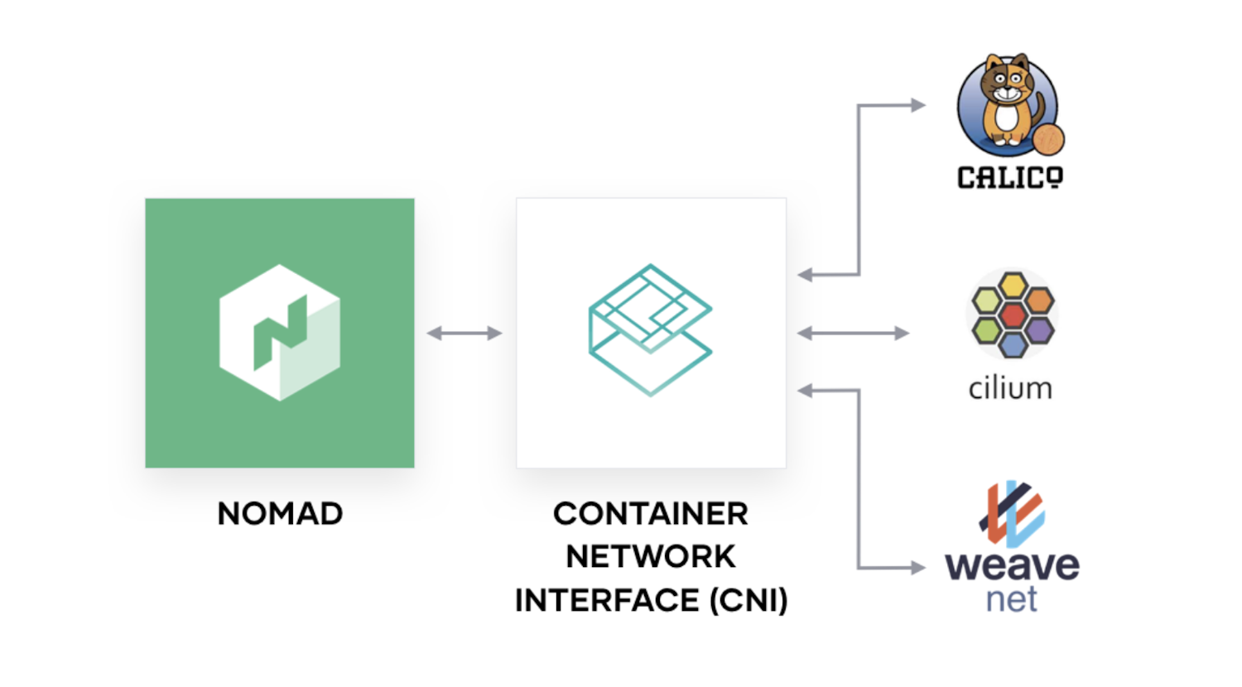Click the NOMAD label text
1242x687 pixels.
280,514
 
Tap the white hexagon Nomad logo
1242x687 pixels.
280,332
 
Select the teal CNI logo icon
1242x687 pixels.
650,329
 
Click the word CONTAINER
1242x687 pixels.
650,514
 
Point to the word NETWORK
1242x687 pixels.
650,557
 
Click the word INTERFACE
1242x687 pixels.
607,600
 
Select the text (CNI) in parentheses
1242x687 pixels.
749,600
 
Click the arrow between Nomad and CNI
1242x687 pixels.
465,333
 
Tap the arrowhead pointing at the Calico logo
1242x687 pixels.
917,105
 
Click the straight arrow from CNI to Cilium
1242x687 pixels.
853,333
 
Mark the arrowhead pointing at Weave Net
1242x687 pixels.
917,568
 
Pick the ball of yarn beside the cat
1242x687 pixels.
1048,139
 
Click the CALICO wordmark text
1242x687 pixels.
1010,177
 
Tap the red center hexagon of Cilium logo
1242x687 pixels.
1013,315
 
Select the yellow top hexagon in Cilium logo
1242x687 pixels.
1013,286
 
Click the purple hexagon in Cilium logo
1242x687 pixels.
1039,330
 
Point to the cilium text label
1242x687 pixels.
1010,388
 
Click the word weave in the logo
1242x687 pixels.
1012,566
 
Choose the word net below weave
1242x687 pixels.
1011,599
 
